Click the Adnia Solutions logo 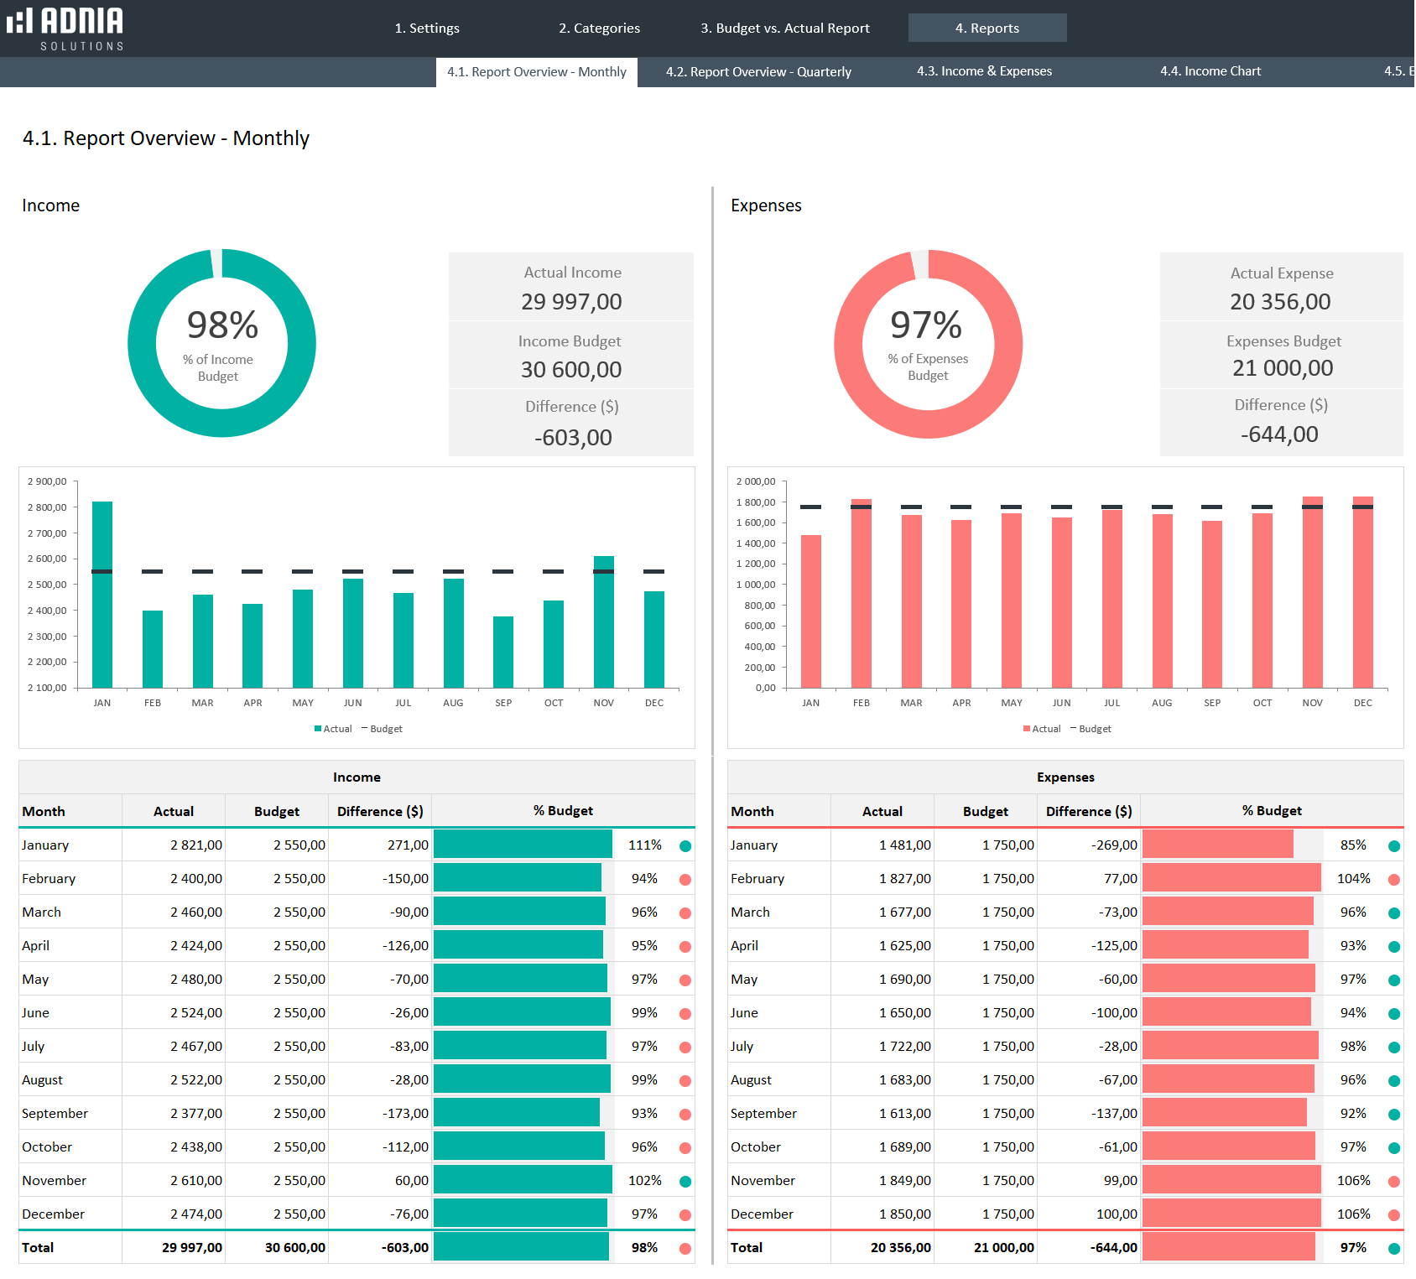coord(65,29)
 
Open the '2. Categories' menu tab coord(599,29)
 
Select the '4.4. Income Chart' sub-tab coord(1210,71)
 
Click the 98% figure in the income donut coord(222,325)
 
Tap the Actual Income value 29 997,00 coord(571,302)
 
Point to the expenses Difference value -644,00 coord(1279,434)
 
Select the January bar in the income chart coord(102,595)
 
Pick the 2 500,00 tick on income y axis coord(47,585)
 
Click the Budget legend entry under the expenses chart coord(1091,729)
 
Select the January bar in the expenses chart coord(811,612)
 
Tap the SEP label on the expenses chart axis coord(1212,703)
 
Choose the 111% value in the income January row coord(644,845)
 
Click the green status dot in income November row coord(685,1181)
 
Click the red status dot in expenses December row coord(1394,1214)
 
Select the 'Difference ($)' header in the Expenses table coord(1088,811)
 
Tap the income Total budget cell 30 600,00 coord(294,1247)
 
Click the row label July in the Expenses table coord(742,1046)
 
